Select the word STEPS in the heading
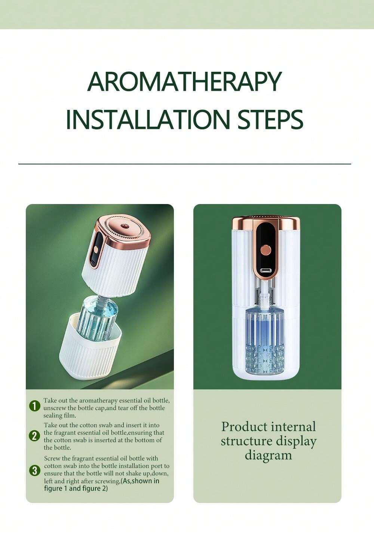click(270, 119)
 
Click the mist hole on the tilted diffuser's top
click(124, 226)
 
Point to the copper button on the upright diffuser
click(266, 250)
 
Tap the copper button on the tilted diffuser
click(96, 250)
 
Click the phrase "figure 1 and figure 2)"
click(76, 488)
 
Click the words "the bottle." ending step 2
click(57, 448)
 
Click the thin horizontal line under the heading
click(185, 164)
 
